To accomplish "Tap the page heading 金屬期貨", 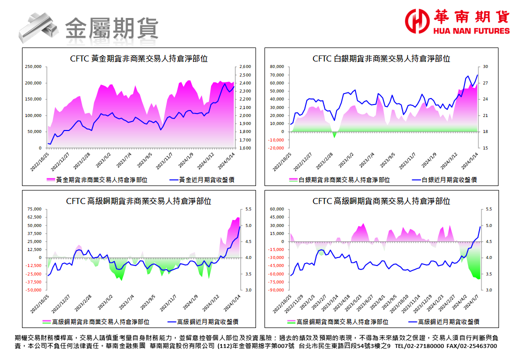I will [x=111, y=26].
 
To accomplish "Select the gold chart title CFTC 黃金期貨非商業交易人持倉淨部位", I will [x=139, y=58].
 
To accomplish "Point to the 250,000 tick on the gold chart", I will [x=33, y=66].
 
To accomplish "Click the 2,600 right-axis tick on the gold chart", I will [x=245, y=66].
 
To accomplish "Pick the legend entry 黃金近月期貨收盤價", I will [x=207, y=179].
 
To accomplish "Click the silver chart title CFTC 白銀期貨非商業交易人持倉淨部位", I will [x=381, y=58].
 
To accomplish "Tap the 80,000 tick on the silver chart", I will [x=276, y=66].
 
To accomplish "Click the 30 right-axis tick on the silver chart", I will [x=485, y=66].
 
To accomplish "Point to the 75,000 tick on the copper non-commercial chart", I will [x=34, y=209].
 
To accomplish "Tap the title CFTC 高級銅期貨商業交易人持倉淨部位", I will [x=381, y=201].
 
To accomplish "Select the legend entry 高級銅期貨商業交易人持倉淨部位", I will [x=342, y=321].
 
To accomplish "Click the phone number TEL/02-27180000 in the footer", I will [x=419, y=346].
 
